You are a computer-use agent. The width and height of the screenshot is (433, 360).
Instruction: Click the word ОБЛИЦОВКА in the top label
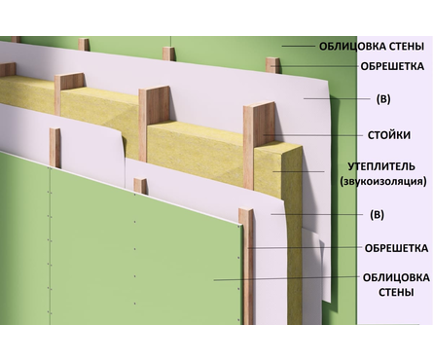(x=351, y=46)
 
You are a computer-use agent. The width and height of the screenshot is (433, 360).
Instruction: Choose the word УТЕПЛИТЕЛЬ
(x=380, y=165)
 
